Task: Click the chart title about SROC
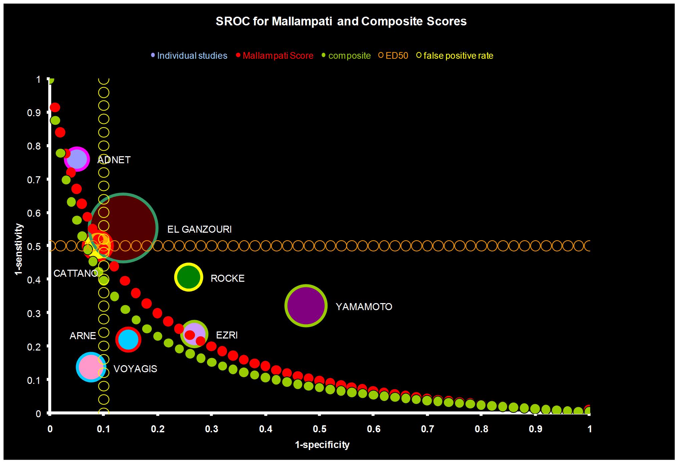click(341, 21)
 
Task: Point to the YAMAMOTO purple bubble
click(306, 306)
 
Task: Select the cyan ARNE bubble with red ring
click(128, 339)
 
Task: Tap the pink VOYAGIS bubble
click(91, 367)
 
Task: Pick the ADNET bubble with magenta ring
click(77, 159)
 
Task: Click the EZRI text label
click(227, 335)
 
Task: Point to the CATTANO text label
click(75, 273)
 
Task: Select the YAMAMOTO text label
click(364, 307)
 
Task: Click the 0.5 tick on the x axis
click(319, 429)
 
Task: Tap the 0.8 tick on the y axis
click(33, 146)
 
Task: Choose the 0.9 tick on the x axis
click(535, 429)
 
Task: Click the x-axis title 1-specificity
click(322, 445)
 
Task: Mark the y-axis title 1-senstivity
click(19, 249)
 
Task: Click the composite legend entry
click(349, 55)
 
